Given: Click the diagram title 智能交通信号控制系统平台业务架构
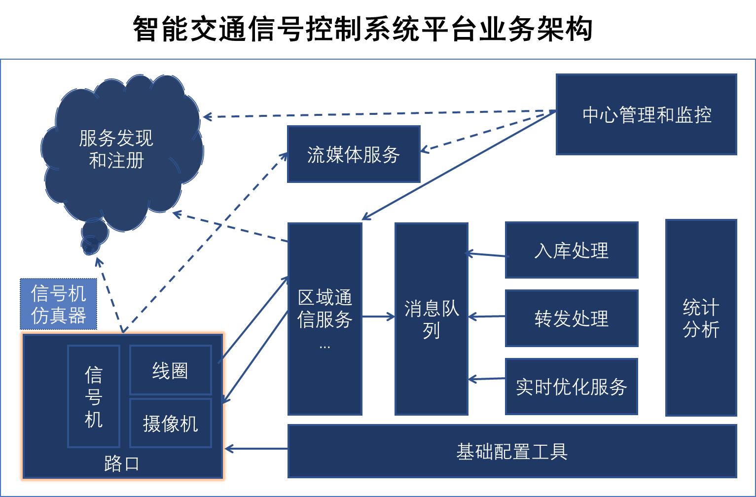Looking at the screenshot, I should [362, 29].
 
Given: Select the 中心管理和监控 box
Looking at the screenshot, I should [646, 114].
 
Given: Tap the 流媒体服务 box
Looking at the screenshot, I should [354, 154].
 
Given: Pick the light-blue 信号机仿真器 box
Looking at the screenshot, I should [58, 304].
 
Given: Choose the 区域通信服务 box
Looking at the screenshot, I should [324, 319].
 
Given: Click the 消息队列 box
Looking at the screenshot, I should [431, 319].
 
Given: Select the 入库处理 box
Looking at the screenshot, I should [572, 250].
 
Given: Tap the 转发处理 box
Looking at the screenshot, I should [572, 318].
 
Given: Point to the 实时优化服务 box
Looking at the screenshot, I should [572, 386].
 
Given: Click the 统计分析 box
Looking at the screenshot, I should [701, 318].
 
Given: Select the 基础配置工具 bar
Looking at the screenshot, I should [512, 451].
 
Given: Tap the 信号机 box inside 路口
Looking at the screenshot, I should [93, 396].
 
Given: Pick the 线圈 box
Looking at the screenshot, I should [170, 370].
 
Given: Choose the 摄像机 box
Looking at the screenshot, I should [170, 423].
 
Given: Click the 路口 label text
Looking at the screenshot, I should [121, 463].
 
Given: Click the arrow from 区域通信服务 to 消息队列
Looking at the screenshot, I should [378, 317].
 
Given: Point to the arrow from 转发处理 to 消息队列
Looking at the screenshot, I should [486, 317].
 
